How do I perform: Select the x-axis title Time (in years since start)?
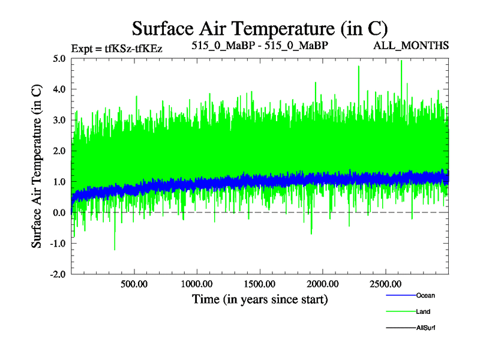[260, 298]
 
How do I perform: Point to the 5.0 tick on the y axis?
[59, 59]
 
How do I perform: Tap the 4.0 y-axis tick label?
[59, 89]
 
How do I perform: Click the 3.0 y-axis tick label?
[59, 120]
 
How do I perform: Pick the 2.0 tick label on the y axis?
[59, 151]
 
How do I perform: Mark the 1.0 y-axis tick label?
[59, 182]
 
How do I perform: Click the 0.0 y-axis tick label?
[59, 212]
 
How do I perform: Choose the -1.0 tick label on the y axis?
[58, 243]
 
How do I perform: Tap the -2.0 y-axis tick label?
[58, 274]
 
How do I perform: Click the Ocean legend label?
[425, 295]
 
